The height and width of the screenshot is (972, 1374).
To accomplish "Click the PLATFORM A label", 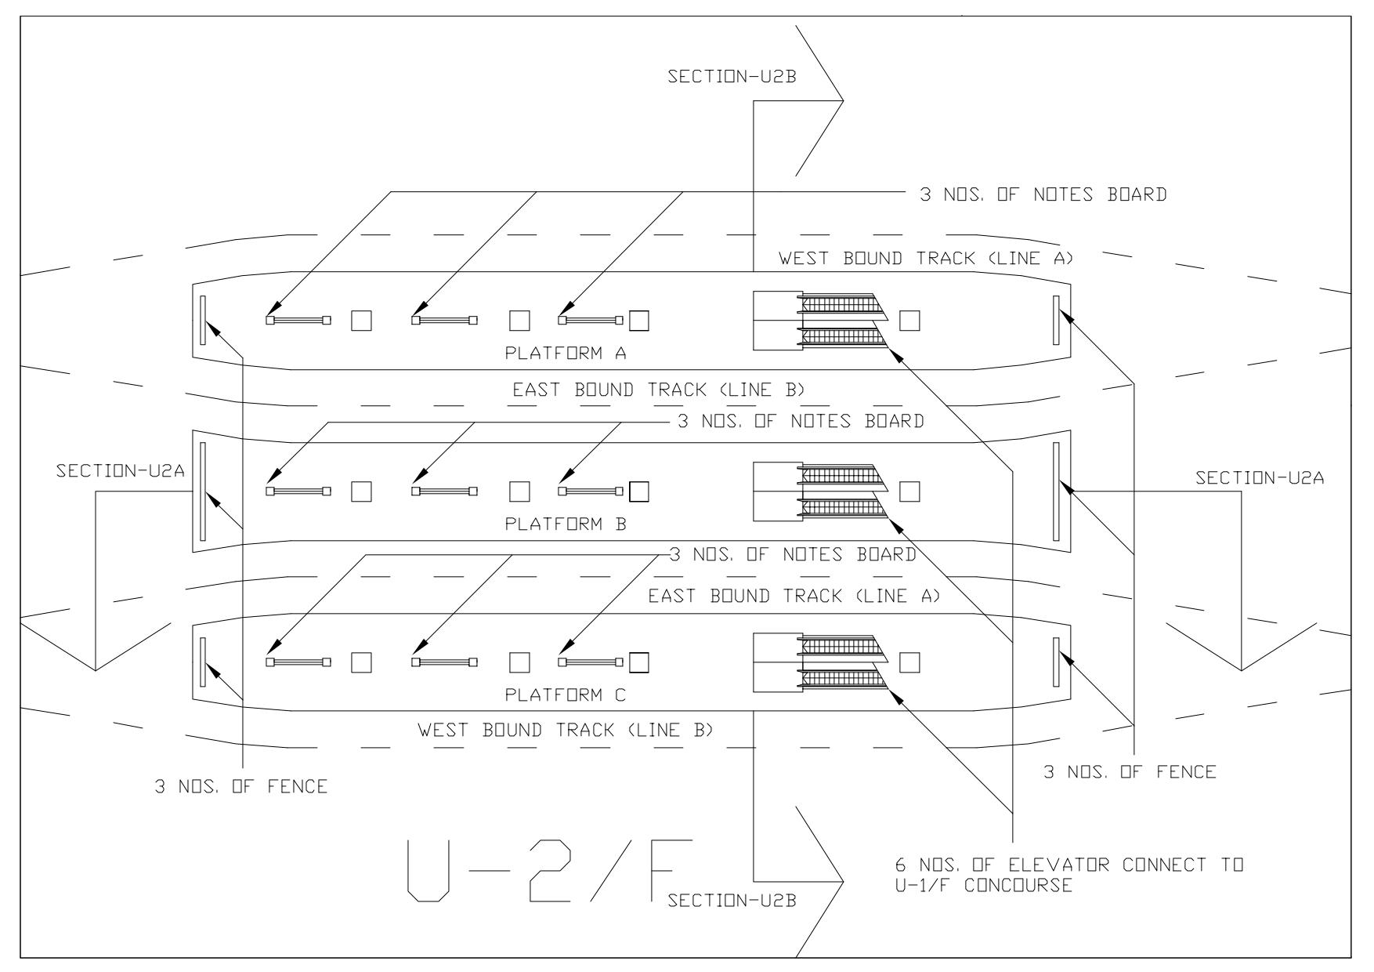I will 566,354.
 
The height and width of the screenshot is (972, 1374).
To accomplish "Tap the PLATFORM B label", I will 566,524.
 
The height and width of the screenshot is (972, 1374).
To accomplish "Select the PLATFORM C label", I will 566,695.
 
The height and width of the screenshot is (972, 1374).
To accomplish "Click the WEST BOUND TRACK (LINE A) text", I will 925,259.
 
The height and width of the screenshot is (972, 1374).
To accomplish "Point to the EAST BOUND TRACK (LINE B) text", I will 659,390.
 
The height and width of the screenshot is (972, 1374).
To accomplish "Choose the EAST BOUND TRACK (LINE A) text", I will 794,597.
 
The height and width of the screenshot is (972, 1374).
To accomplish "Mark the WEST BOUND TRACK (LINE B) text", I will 566,731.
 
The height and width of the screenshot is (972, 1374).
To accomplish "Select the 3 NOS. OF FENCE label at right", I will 1130,772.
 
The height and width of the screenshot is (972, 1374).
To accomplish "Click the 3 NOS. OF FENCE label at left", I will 241,787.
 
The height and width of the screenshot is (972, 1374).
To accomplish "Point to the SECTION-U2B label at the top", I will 732,77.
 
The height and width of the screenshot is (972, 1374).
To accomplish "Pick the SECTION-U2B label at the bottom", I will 732,901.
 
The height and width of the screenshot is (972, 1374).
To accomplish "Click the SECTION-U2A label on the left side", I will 121,472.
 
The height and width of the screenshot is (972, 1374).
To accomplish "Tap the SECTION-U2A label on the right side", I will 1260,477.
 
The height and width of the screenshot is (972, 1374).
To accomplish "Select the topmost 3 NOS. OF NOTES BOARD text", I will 1043,194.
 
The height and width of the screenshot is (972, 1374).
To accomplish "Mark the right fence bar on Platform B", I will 1056,491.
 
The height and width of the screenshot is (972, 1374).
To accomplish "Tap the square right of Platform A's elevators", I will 909,321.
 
